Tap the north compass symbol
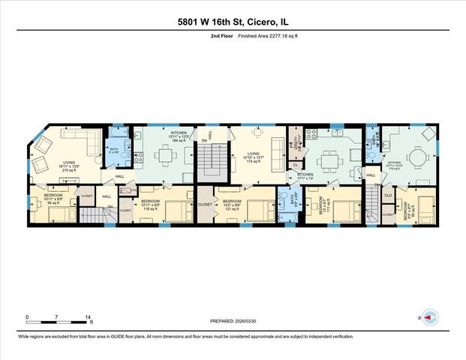click(429, 317)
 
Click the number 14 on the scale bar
click(89, 318)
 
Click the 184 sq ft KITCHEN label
click(179, 136)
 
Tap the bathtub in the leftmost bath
click(117, 137)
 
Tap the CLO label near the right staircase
click(388, 196)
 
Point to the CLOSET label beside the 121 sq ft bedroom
click(204, 203)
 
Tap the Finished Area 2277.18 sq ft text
click(260, 35)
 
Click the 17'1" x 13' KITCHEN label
click(305, 176)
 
